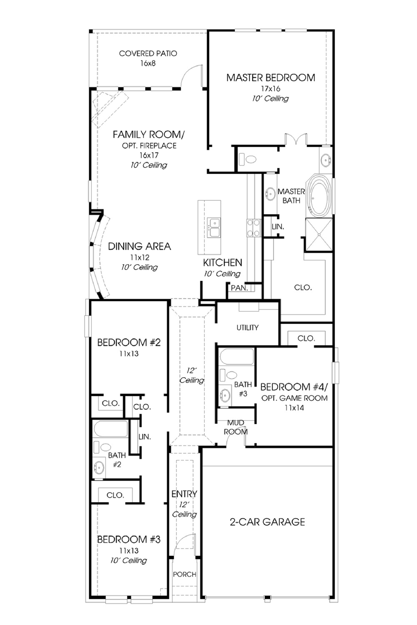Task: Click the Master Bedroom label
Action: (271, 77)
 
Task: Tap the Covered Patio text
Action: (148, 53)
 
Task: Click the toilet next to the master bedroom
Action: (248, 159)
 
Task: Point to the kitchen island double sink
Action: (215, 227)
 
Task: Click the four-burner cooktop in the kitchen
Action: (254, 227)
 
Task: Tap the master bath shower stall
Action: (319, 235)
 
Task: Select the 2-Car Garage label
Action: (267, 522)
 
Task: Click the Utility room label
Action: (247, 327)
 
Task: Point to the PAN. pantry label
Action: (239, 288)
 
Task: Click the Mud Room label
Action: (236, 427)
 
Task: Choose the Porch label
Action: (184, 574)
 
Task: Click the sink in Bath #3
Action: (225, 395)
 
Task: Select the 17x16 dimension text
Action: (270, 89)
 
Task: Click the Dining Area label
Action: (139, 246)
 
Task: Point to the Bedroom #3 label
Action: (129, 539)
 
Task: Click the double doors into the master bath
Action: (296, 140)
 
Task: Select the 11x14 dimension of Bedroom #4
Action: (294, 407)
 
